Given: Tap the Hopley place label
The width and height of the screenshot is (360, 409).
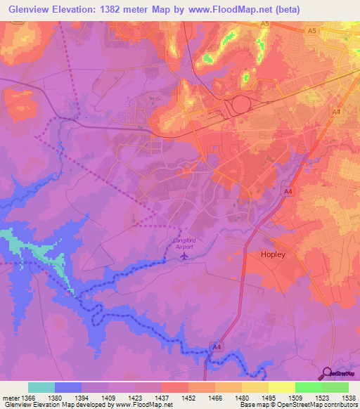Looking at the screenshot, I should pos(273,254).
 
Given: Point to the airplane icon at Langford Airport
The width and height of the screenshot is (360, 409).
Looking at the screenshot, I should pos(184,255).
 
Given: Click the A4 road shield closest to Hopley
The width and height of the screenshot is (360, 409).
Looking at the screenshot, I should pos(288,191).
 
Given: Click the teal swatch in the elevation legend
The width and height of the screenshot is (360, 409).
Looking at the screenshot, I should pos(41,387).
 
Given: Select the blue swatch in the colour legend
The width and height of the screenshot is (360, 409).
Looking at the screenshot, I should pos(68,387).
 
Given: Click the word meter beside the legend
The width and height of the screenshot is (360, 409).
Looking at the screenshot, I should pos(11,398).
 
